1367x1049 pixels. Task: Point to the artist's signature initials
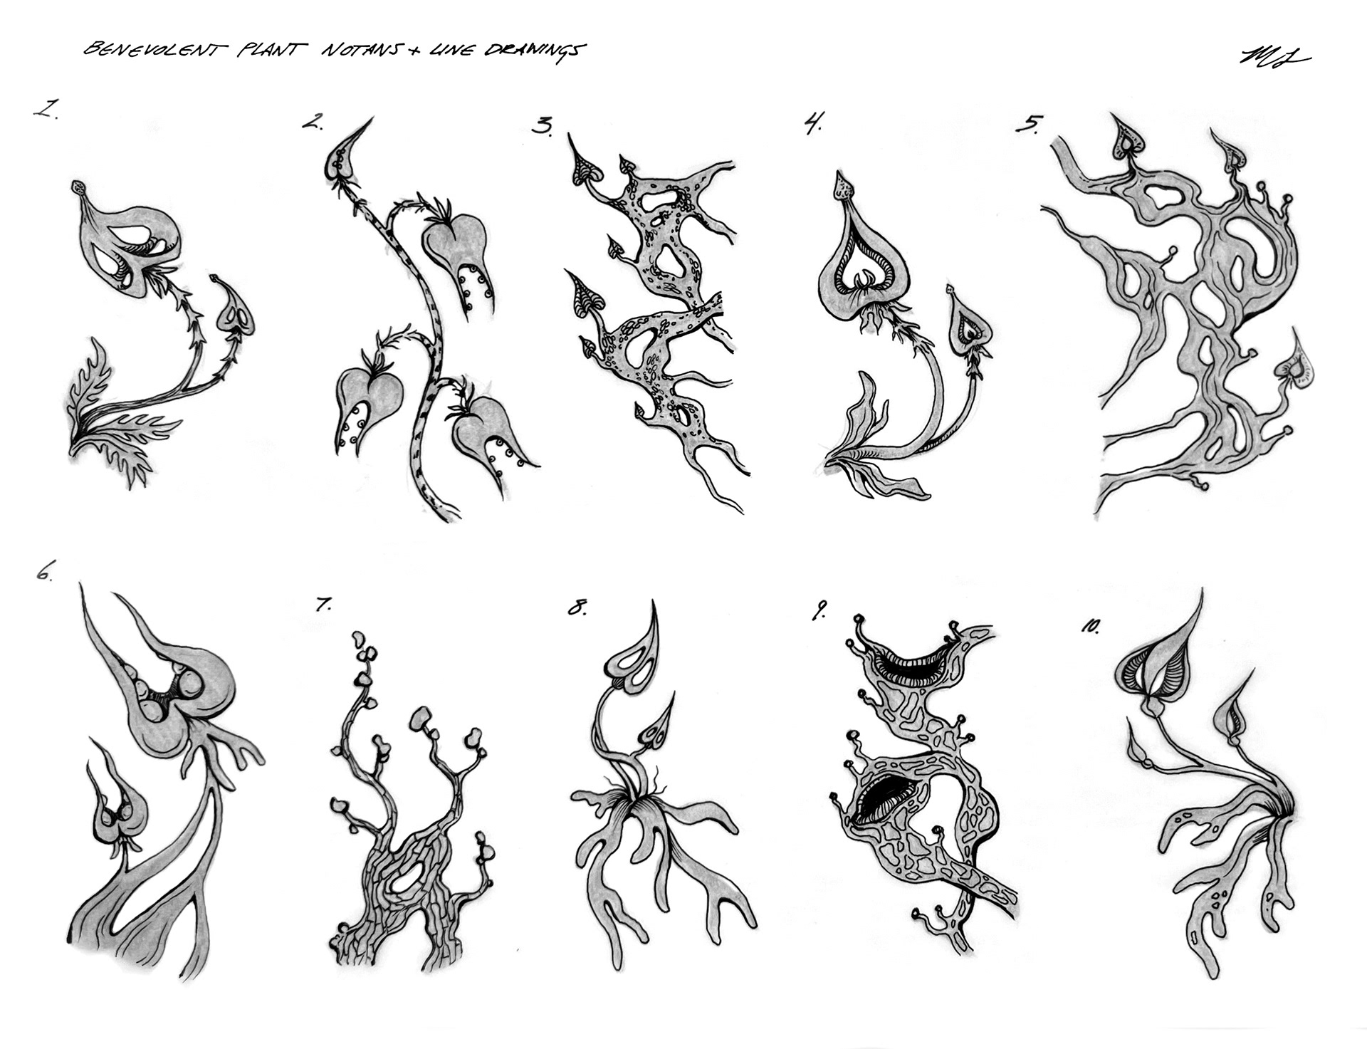pos(1275,58)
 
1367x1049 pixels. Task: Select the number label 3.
pos(543,127)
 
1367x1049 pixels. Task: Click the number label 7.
pos(323,605)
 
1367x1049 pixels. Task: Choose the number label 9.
pos(819,611)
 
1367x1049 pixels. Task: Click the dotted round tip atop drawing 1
pos(78,189)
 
